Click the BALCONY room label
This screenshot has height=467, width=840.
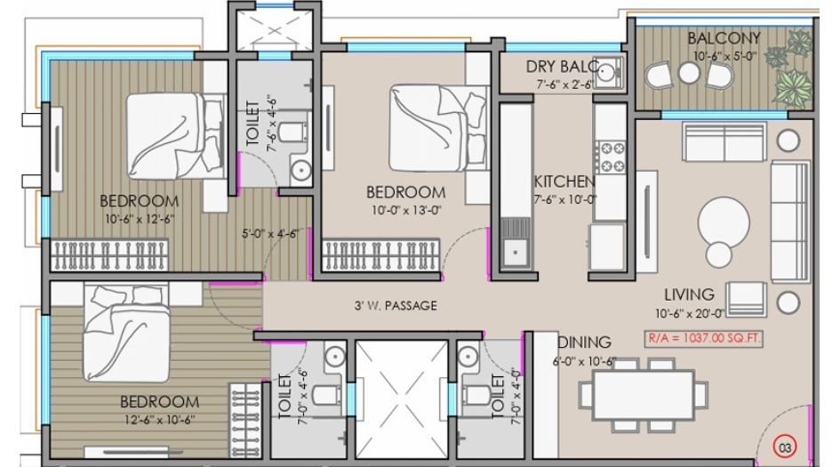point(724,38)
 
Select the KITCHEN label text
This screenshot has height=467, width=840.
point(564,181)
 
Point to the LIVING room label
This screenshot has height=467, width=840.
point(689,294)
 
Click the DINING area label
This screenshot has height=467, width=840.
point(584,342)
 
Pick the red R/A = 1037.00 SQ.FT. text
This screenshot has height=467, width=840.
point(705,339)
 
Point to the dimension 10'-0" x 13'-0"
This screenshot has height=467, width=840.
point(405,210)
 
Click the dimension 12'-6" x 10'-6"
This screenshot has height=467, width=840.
point(159,419)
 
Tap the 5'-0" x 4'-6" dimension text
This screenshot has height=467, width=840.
point(269,235)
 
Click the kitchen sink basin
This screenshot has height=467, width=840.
point(515,253)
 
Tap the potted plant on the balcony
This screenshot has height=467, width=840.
point(793,86)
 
